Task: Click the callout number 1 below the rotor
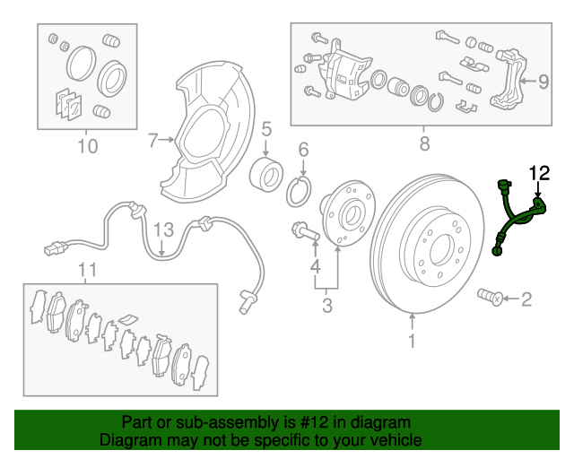coord(412,341)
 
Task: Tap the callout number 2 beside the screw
coord(526,299)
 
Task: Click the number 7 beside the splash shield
coord(152,140)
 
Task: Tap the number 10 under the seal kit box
coord(87,145)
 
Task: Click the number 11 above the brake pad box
coord(86,270)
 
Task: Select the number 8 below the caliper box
coord(424,143)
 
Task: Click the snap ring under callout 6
coord(302,191)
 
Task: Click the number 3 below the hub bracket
coord(326,307)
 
